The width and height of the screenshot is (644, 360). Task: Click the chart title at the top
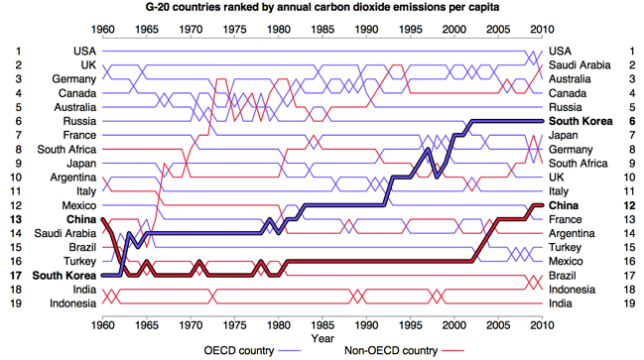[x=322, y=7]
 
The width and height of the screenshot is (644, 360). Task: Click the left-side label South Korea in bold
[x=64, y=276]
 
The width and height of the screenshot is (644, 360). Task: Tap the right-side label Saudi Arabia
[x=580, y=64]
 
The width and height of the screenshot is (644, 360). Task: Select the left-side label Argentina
[x=73, y=178]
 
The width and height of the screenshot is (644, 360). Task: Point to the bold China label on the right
[x=564, y=205]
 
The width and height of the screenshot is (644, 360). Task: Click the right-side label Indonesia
[x=572, y=290]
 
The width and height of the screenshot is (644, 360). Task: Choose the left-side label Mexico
[x=79, y=205]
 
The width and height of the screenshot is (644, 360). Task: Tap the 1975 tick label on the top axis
[x=234, y=30]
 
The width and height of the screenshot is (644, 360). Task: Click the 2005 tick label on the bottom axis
[x=498, y=325]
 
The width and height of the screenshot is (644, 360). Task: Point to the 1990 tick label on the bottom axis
[x=366, y=325]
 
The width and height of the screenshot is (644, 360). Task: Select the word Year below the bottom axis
[x=322, y=338]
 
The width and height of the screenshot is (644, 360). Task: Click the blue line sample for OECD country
[x=290, y=351]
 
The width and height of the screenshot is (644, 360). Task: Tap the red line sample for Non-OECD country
[x=452, y=351]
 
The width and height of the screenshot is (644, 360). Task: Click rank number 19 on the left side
[x=16, y=303]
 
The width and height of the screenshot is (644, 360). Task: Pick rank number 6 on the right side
[x=632, y=121]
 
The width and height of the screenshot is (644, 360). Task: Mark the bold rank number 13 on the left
[x=16, y=219]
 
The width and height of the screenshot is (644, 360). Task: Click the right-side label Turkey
[x=566, y=247]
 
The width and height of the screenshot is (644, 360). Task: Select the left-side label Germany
[x=74, y=78]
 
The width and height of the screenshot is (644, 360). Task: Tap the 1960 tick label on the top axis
[x=102, y=30]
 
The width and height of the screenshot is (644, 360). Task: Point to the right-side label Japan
[x=563, y=135]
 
